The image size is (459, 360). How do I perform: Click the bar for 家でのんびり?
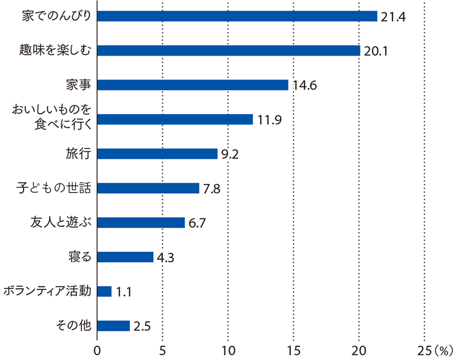(x=237, y=16)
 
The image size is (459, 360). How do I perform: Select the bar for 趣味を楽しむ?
(x=228, y=50)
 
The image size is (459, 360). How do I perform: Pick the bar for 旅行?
(x=157, y=154)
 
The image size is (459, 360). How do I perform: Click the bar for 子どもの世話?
(x=148, y=188)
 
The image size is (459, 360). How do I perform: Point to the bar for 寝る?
(x=125, y=257)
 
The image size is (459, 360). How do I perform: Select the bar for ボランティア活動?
(x=104, y=291)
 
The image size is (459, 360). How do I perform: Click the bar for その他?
(x=114, y=326)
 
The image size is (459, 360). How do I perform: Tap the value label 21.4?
(x=393, y=17)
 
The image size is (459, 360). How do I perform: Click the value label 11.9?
(x=268, y=120)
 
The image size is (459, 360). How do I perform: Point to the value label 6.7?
(x=197, y=224)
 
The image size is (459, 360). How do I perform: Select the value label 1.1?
(x=124, y=292)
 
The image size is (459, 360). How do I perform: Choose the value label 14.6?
(x=305, y=86)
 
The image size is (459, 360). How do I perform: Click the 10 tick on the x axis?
(x=228, y=350)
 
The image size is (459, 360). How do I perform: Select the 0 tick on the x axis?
(x=97, y=350)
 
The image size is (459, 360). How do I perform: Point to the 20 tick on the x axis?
(x=359, y=350)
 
